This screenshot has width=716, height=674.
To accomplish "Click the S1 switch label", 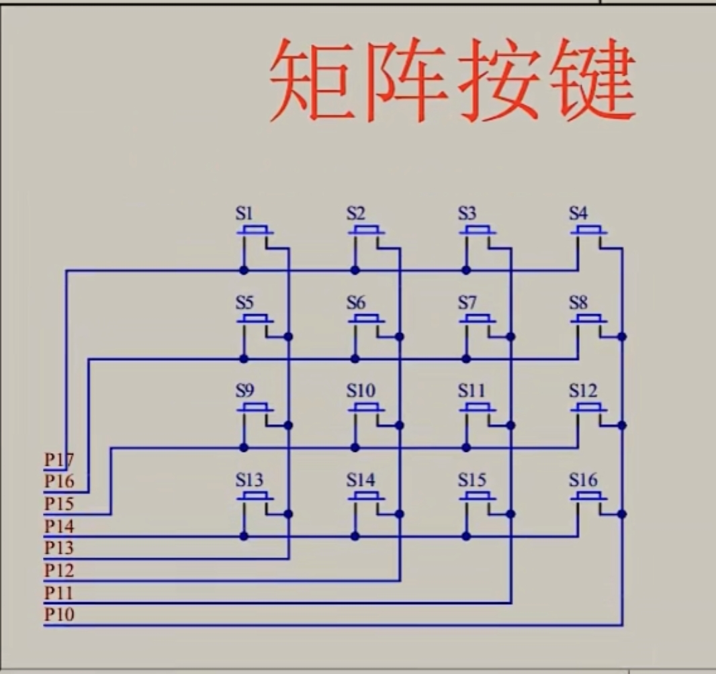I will point(244,214).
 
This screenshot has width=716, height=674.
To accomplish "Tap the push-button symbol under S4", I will point(589,231).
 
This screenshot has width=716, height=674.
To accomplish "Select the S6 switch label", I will point(356,303).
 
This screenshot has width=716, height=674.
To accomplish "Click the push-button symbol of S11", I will point(478,408).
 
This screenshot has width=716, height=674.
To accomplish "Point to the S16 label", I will point(582,481).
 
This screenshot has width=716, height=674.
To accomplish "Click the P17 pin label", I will point(59,461).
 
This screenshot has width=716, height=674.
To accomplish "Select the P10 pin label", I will point(59,614).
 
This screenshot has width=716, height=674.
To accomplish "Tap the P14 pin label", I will point(59,526).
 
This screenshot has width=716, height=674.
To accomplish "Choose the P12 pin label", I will point(59,571).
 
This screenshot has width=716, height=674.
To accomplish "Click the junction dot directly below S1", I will point(244,271).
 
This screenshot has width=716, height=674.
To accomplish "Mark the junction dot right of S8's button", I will point(622,336).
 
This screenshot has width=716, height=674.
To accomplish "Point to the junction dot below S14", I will point(355,536).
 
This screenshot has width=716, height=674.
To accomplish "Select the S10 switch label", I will point(361,391).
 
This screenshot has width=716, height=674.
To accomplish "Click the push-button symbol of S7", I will point(478,320).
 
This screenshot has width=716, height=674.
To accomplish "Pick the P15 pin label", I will point(59,503).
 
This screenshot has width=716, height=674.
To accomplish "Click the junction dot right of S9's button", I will point(289,425).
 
